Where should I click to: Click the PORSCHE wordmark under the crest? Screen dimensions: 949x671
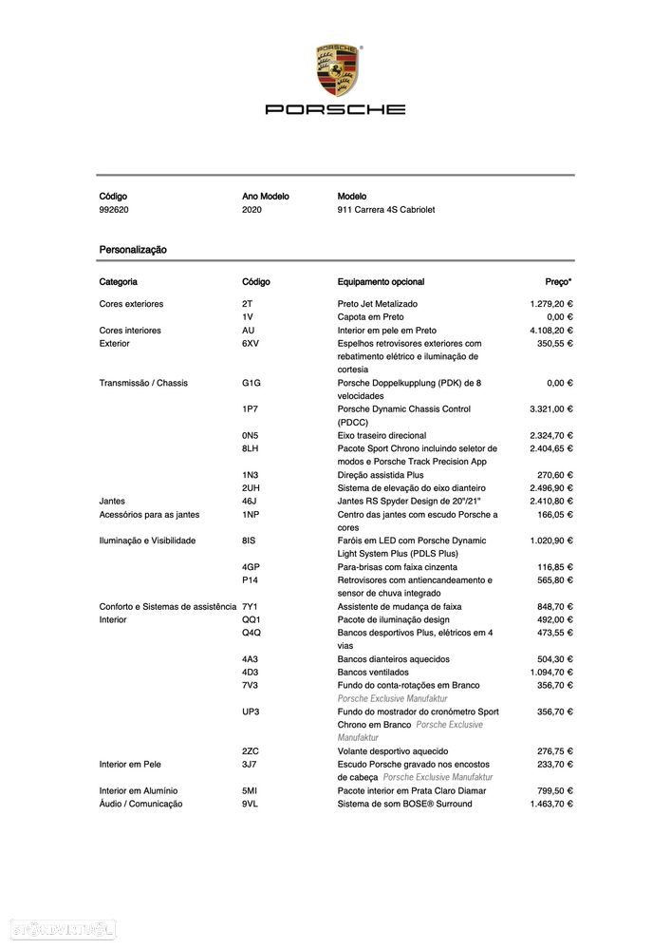coord(335,109)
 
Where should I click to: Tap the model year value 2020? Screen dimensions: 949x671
coord(252,210)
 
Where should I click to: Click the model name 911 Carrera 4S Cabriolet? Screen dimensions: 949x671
coord(386,210)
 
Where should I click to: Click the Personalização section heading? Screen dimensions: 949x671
coord(133,249)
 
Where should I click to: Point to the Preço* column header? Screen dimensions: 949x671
coord(558,282)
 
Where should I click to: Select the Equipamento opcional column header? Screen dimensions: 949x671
coord(381,282)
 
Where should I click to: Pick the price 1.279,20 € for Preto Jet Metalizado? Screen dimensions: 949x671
coord(550,304)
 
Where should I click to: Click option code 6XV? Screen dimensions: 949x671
coord(251,344)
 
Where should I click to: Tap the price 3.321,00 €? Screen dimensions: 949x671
coord(550,409)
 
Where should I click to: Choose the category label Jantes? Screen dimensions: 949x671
coord(112,501)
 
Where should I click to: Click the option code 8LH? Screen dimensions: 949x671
coord(251,448)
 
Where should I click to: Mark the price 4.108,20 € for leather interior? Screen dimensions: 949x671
coord(550,331)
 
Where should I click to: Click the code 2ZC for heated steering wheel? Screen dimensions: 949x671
coord(251,750)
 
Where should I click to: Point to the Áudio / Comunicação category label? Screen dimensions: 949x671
coord(141,804)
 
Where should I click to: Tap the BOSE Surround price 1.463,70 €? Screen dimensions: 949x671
coord(550,804)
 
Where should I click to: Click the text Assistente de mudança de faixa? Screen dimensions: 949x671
coord(400,606)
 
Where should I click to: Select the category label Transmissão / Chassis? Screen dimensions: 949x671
coord(143,383)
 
